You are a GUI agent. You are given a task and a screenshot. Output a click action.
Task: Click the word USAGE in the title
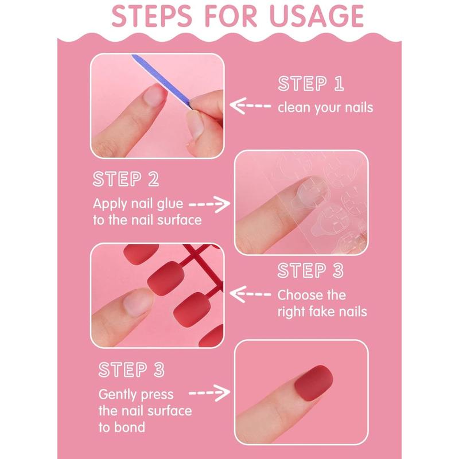click(316, 16)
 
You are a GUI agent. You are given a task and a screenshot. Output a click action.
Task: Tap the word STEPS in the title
click(151, 16)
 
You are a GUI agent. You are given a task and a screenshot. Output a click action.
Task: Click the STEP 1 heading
click(311, 83)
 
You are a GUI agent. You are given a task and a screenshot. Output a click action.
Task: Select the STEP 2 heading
click(126, 179)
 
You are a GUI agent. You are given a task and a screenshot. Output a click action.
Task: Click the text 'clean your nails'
click(325, 107)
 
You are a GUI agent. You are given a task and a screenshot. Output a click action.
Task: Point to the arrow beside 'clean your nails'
click(250, 106)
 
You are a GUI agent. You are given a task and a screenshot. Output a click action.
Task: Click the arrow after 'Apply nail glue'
click(209, 204)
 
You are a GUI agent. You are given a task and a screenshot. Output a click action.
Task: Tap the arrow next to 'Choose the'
click(250, 294)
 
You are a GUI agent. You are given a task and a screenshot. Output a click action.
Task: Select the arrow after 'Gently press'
click(209, 393)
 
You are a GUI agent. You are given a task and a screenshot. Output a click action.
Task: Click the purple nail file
click(162, 81)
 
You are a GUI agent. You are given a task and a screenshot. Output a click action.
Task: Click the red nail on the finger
click(313, 383)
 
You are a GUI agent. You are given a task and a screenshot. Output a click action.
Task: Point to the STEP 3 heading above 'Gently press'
click(131, 369)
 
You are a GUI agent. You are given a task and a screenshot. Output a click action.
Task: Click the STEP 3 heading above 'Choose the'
click(310, 270)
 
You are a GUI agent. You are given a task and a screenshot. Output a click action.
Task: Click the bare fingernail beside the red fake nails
click(137, 303)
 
